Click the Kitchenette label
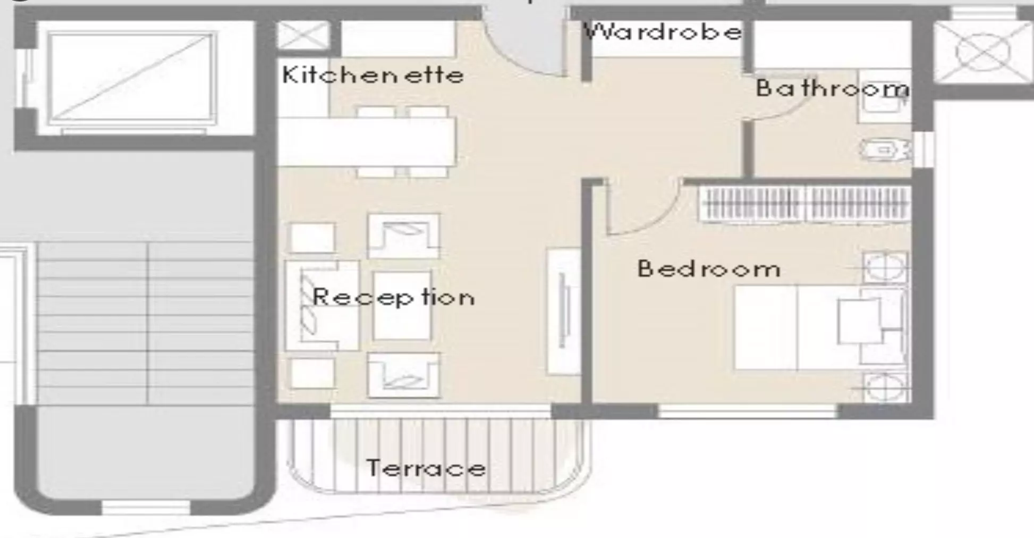373,75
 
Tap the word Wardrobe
663,32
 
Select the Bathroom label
833,88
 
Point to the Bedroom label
709,269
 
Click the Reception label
394,297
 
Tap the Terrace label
426,468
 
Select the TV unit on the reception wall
563,311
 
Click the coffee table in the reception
402,306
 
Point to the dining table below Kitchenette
367,142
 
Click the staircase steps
145,323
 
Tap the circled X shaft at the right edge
983,52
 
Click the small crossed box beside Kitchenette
304,36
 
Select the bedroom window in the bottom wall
747,411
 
